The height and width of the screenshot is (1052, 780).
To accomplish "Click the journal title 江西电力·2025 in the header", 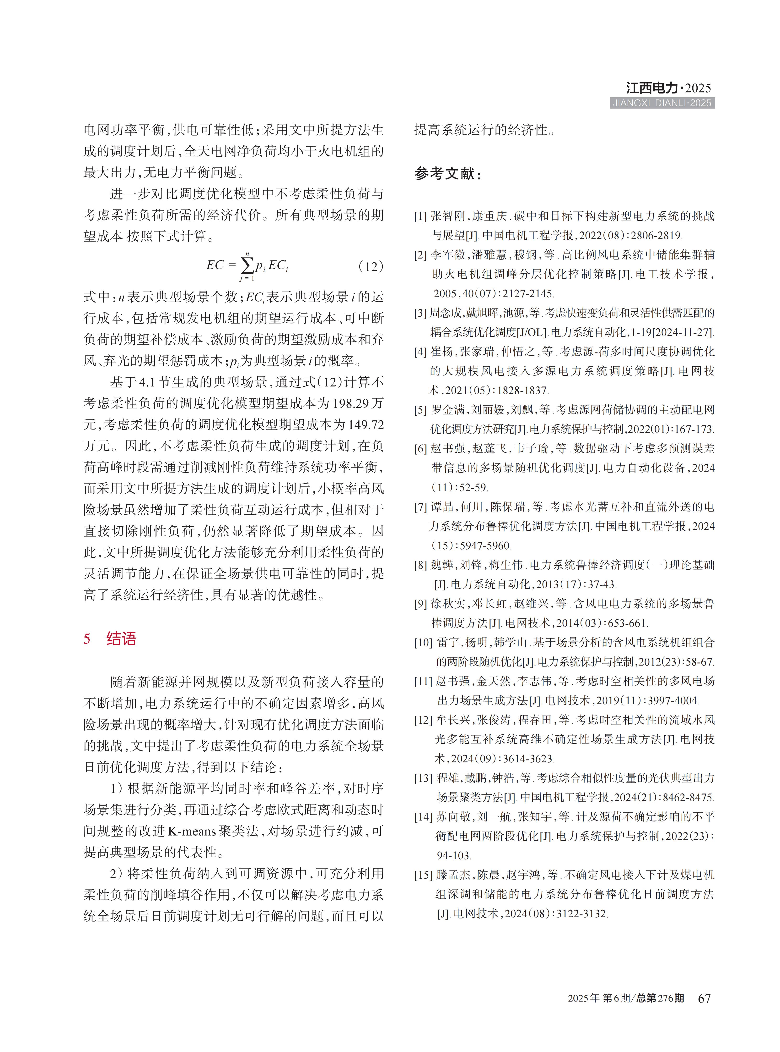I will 668,88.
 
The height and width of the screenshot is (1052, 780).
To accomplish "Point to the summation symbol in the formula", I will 247,266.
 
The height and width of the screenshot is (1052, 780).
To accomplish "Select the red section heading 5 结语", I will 110,639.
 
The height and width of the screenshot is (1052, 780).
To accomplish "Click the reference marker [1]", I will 420,216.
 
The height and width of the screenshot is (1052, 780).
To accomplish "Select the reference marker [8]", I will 420,565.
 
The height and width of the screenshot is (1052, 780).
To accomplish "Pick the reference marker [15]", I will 423,875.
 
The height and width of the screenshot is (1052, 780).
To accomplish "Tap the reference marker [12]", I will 423,720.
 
